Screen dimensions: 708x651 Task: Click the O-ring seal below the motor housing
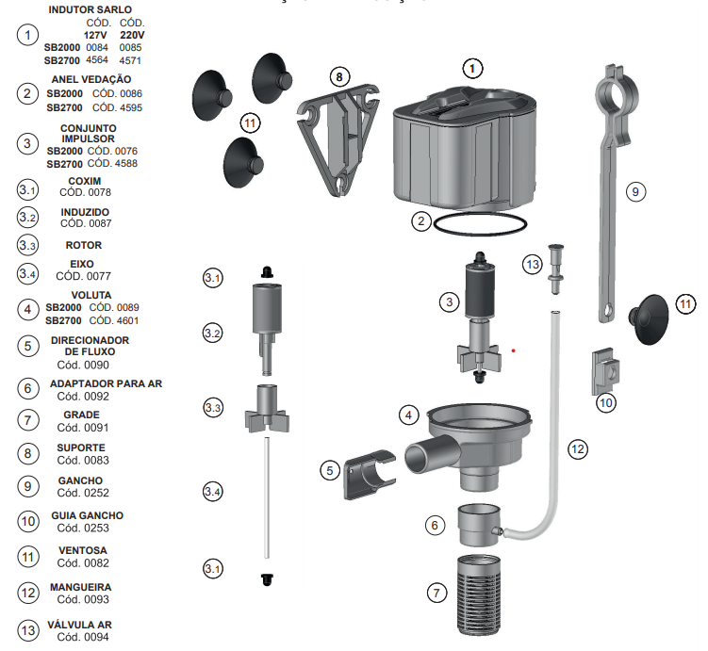[480, 234]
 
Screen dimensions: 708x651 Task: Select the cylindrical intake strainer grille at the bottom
[479, 594]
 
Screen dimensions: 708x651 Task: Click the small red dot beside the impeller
[514, 350]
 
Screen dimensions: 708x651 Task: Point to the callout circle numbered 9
[635, 192]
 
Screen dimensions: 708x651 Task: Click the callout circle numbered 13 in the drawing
[533, 264]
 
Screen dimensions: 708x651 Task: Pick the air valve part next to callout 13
[556, 269]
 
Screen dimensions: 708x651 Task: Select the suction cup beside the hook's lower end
[649, 319]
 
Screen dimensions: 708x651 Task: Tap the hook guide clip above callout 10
[605, 371]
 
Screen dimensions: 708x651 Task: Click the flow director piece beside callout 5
[370, 475]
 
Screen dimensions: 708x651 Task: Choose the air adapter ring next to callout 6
[481, 525]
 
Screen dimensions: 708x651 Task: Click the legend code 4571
[130, 60]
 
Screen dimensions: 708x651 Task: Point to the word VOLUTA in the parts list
[91, 295]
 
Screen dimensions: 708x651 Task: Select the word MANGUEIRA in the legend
[81, 587]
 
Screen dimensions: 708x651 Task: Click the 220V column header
[132, 35]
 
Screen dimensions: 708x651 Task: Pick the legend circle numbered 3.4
[27, 274]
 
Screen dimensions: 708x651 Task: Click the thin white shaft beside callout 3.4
[267, 497]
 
